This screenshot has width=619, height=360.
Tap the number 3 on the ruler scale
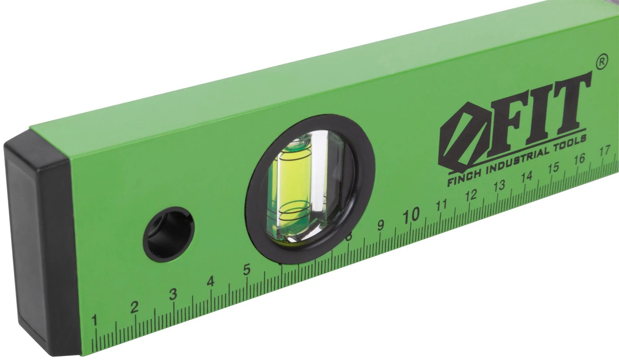(x=173, y=294)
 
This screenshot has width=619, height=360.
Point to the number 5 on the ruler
(x=247, y=270)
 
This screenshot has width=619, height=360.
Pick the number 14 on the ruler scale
(x=526, y=177)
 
